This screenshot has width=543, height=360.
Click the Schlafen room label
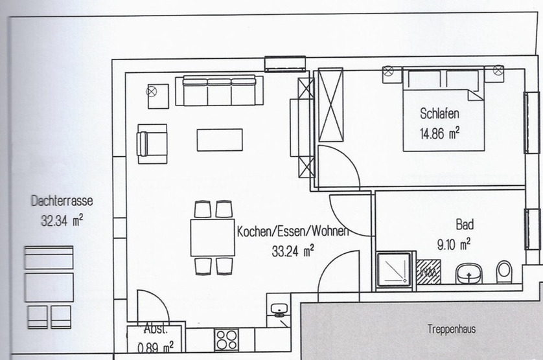click(x=439, y=113)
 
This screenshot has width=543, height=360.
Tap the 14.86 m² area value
click(x=440, y=133)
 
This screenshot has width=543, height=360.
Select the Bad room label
click(x=465, y=225)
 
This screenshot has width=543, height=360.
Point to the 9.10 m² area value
click(x=454, y=244)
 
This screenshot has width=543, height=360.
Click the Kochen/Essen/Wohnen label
click(x=293, y=231)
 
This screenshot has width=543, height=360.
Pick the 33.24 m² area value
click(x=293, y=251)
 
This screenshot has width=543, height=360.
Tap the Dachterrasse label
click(x=62, y=201)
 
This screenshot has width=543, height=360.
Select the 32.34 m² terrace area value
click(x=62, y=220)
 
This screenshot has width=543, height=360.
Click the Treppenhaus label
click(x=452, y=329)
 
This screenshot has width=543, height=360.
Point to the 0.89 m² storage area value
click(x=156, y=347)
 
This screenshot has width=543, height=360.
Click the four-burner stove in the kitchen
click(x=227, y=339)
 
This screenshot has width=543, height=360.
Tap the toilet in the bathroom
click(x=504, y=272)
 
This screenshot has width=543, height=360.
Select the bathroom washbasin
click(x=468, y=273)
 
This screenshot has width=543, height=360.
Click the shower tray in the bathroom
click(x=394, y=269)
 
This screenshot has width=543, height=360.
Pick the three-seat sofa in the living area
click(x=219, y=91)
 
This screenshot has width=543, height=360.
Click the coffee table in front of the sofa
click(x=220, y=140)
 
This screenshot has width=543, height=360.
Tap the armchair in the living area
click(x=152, y=144)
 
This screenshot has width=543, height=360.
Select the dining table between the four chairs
click(x=213, y=238)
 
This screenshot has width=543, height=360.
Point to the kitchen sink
click(x=279, y=309)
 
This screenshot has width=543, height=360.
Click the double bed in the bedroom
click(x=443, y=109)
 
